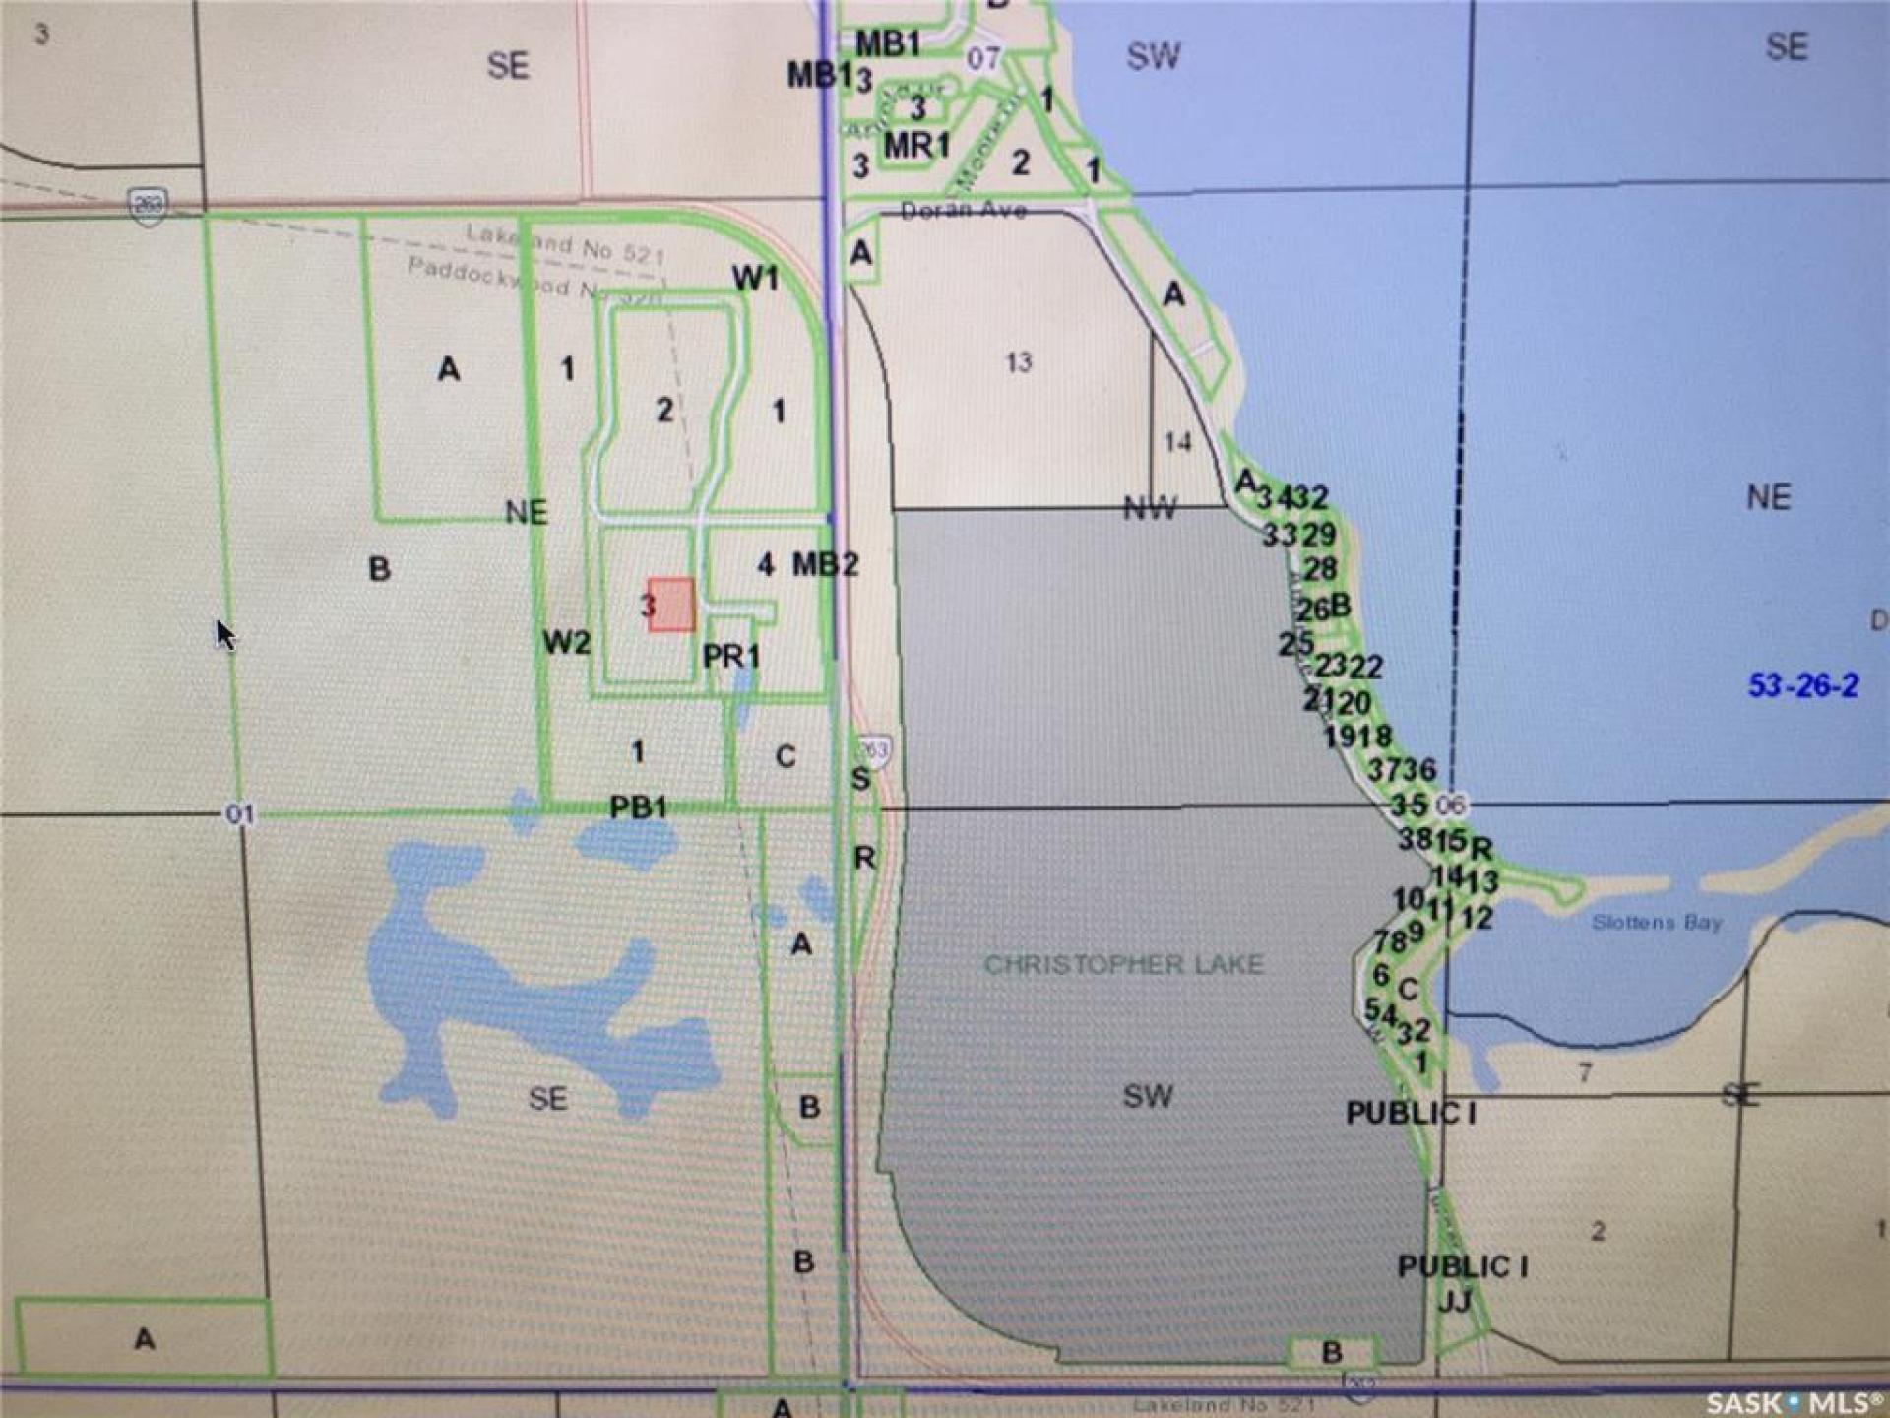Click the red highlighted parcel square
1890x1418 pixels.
click(x=672, y=605)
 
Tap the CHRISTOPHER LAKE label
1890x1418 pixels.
click(x=1124, y=964)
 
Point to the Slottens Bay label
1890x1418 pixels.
click(x=1657, y=923)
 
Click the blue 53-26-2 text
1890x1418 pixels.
click(x=1803, y=685)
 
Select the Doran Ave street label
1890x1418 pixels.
click(x=964, y=210)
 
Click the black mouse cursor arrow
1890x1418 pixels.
click(x=225, y=634)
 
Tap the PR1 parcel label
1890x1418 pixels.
click(x=731, y=656)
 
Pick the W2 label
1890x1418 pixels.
click(x=567, y=643)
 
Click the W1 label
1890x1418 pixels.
click(x=755, y=279)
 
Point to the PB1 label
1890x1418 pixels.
click(x=638, y=807)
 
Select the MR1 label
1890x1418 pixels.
click(x=916, y=146)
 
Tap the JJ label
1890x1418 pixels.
click(x=1455, y=1302)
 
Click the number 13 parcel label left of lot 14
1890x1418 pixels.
click(x=1019, y=362)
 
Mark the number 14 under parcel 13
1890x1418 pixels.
click(x=1178, y=442)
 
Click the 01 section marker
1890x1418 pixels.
click(x=240, y=814)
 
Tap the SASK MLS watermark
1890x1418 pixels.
click(x=1794, y=1401)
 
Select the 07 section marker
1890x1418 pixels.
click(x=983, y=58)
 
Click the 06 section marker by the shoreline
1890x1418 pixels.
click(x=1450, y=805)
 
